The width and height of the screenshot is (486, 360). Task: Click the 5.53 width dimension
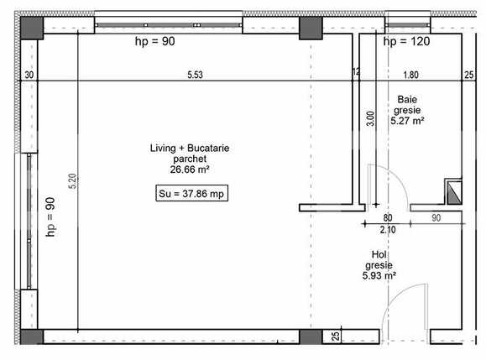(x=195, y=75)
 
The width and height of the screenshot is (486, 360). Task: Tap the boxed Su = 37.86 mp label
(x=193, y=193)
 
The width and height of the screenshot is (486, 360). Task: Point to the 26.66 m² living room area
(x=190, y=169)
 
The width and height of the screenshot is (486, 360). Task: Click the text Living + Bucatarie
(x=190, y=148)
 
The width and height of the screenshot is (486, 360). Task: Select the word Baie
(x=406, y=99)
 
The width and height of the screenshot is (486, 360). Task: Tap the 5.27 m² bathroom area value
(x=407, y=121)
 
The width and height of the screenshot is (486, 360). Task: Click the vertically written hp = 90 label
(x=50, y=217)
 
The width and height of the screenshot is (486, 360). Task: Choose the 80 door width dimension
(x=388, y=217)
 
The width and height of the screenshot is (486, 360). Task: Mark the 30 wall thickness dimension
(x=29, y=75)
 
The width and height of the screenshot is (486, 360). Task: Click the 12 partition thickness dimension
(x=356, y=73)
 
